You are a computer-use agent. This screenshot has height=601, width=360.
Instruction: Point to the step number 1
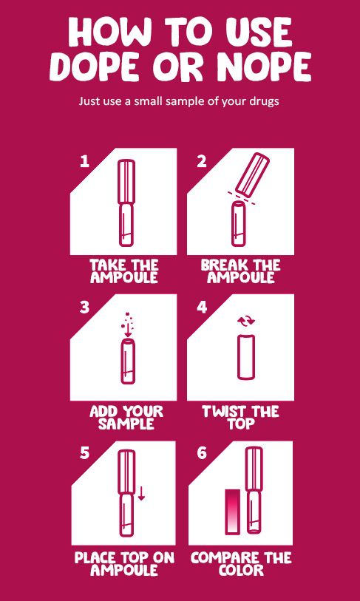[84, 162]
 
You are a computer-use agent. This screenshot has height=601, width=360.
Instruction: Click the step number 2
[202, 162]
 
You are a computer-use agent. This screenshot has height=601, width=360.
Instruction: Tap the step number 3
[84, 308]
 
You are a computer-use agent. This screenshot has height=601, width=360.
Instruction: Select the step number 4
[202, 308]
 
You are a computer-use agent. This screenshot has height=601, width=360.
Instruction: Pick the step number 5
[84, 454]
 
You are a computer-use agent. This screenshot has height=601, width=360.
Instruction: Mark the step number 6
[202, 454]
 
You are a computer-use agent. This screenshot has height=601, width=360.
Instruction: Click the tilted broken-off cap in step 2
[252, 173]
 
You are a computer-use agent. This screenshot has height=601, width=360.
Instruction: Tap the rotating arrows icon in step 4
[245, 321]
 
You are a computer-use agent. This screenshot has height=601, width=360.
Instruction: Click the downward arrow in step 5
[141, 493]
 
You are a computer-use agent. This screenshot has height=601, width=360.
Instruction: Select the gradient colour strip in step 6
[232, 512]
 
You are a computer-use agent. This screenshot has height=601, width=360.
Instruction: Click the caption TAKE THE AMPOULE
[123, 271]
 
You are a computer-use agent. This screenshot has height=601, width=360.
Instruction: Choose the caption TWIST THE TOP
[241, 418]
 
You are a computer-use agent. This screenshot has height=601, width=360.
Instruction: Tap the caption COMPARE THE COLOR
[241, 563]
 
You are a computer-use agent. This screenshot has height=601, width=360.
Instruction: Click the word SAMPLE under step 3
[126, 424]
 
